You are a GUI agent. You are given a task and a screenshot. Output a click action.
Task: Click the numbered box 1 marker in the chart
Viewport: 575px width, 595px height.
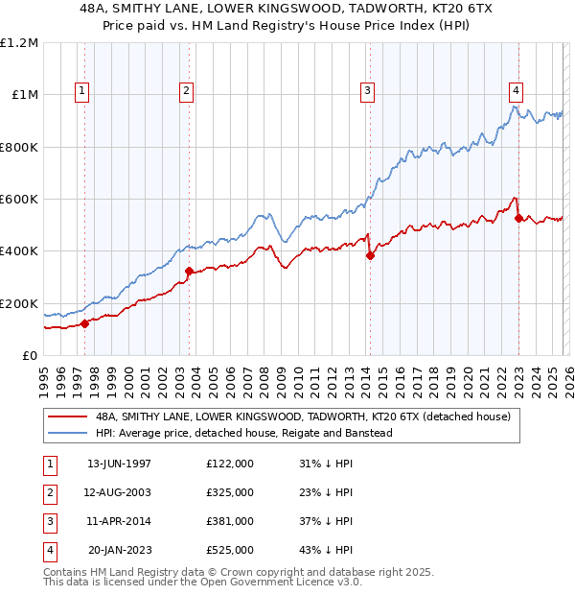[x=82, y=91]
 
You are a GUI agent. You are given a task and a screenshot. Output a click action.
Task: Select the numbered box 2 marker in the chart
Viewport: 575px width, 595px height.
[x=186, y=91]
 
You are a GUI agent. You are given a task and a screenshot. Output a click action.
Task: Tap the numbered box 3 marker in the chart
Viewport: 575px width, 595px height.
[x=367, y=91]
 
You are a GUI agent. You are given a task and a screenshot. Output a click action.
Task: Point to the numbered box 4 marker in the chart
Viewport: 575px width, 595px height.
[x=516, y=91]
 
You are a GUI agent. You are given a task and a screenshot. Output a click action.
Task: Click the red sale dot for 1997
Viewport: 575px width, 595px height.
[x=84, y=323]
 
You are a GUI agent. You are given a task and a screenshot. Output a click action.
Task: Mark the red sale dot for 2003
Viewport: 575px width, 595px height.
[x=189, y=271]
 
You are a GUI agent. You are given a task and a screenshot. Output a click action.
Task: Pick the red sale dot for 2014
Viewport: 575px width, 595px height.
[x=370, y=255]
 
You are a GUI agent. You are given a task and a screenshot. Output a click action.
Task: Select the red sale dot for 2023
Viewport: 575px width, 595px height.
[x=518, y=218]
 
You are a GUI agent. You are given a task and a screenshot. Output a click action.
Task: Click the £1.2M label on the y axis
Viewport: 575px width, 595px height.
[x=19, y=43]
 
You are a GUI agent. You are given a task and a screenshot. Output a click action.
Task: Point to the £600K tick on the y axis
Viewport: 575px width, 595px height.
[x=19, y=200]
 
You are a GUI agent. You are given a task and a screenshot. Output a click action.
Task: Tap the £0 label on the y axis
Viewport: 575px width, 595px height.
[x=29, y=355]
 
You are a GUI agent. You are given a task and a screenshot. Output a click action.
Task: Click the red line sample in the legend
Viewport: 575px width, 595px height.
[x=67, y=417]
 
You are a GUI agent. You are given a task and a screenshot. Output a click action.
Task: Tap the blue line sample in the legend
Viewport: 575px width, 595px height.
[x=67, y=433]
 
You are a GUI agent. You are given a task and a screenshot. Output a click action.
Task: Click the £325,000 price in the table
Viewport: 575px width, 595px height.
[x=229, y=492]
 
